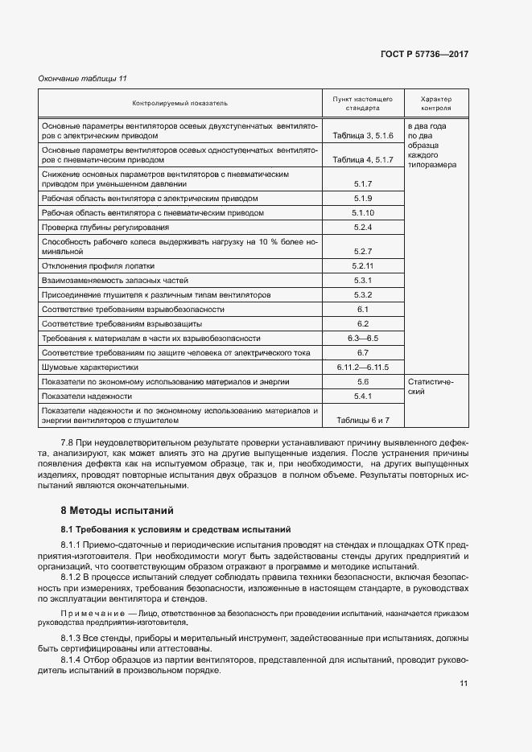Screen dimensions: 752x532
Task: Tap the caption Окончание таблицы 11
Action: [x=83, y=78]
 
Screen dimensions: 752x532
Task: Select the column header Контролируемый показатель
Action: [x=180, y=103]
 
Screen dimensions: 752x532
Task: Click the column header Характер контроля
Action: [x=435, y=102]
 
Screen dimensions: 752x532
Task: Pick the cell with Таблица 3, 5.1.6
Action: [x=362, y=136]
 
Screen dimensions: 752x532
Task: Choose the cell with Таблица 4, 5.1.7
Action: [x=362, y=159]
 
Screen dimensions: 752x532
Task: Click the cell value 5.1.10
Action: [x=363, y=213]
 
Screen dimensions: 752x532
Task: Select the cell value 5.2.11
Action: [x=363, y=265]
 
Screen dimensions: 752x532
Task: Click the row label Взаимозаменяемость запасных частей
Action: [x=114, y=280]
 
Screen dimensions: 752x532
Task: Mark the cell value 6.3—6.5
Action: [x=363, y=338]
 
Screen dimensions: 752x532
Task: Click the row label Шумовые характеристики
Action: [x=88, y=367]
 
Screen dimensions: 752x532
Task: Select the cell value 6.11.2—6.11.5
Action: [x=363, y=367]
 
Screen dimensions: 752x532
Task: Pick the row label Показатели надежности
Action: [x=87, y=396]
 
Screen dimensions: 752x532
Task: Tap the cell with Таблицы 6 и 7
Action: [x=363, y=420]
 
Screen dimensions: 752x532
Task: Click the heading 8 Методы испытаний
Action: [x=116, y=511]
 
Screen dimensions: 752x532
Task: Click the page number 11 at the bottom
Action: [x=464, y=684]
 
